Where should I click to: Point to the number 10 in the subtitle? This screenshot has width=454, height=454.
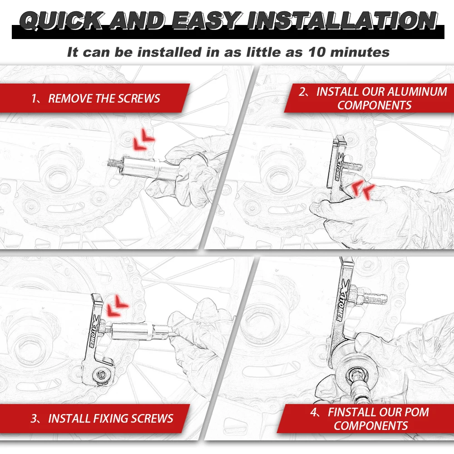[316, 52]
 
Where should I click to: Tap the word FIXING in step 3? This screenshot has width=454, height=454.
[108, 419]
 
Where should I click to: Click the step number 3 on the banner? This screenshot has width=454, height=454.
[34, 419]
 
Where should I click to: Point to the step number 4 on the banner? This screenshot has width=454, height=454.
[313, 412]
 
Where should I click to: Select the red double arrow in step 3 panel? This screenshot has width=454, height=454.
[117, 306]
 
